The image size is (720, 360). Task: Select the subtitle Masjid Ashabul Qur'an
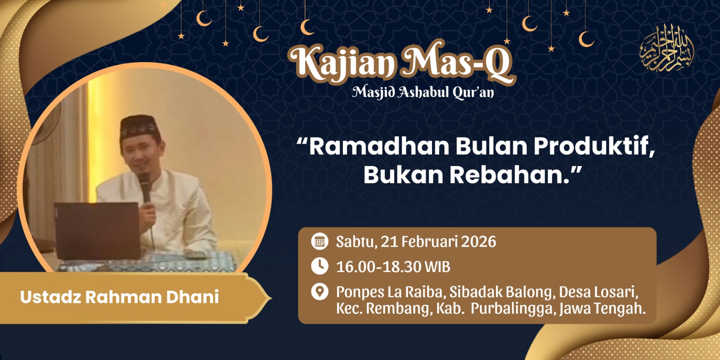pos(423,93)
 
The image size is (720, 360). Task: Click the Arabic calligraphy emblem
pos(666,48)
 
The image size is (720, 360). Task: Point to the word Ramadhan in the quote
pos(379,147)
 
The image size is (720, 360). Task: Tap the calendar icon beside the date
pos(319,241)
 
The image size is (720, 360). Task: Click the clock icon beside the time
pos(319,266)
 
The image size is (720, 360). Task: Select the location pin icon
pos(319,292)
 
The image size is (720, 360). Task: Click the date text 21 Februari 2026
pos(438,242)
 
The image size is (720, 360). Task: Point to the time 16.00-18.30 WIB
pos(393,267)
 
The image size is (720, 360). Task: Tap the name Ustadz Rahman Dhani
pos(120,297)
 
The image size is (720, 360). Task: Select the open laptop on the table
pos(97,231)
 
